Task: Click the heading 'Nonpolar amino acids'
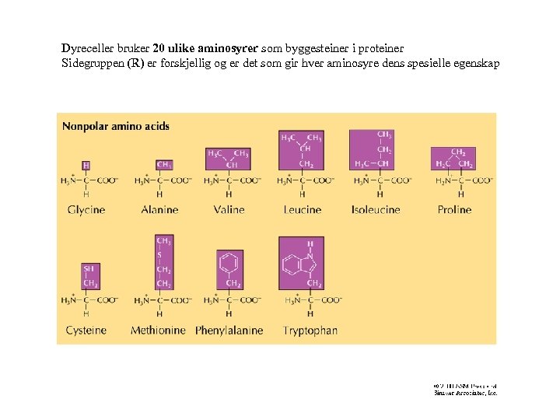115,126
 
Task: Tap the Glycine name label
86,209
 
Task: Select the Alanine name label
160,209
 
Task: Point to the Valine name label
229,209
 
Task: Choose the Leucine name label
302,209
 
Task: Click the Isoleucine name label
376,209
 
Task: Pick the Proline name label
454,209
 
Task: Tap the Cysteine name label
86,330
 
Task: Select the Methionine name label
158,330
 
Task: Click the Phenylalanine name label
229,330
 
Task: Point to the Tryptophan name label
310,330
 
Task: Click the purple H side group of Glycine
86,165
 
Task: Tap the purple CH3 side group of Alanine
164,165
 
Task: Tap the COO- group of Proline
482,180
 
